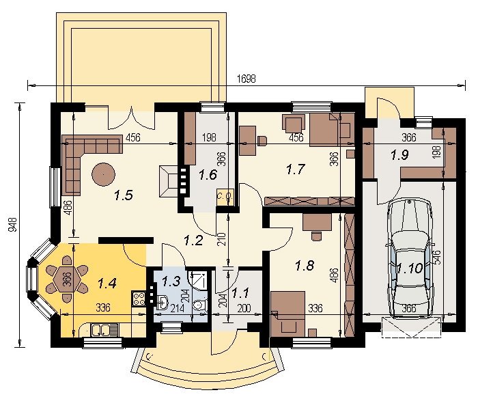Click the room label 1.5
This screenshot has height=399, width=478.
point(124,195)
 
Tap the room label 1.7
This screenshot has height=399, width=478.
point(296,169)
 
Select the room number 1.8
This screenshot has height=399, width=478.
point(305,265)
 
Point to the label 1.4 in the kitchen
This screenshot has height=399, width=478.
point(107,284)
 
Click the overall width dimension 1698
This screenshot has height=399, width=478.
point(247,79)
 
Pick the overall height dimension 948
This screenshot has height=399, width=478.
point(12,225)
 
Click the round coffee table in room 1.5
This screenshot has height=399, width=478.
point(104,174)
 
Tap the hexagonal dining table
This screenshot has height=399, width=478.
point(67,278)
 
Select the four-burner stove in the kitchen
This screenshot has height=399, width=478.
point(139,299)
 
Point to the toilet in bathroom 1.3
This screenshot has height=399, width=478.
point(200,305)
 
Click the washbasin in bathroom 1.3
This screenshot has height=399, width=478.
point(163,302)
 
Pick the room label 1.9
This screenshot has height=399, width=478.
point(400,156)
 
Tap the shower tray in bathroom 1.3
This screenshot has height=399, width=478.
point(197,279)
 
